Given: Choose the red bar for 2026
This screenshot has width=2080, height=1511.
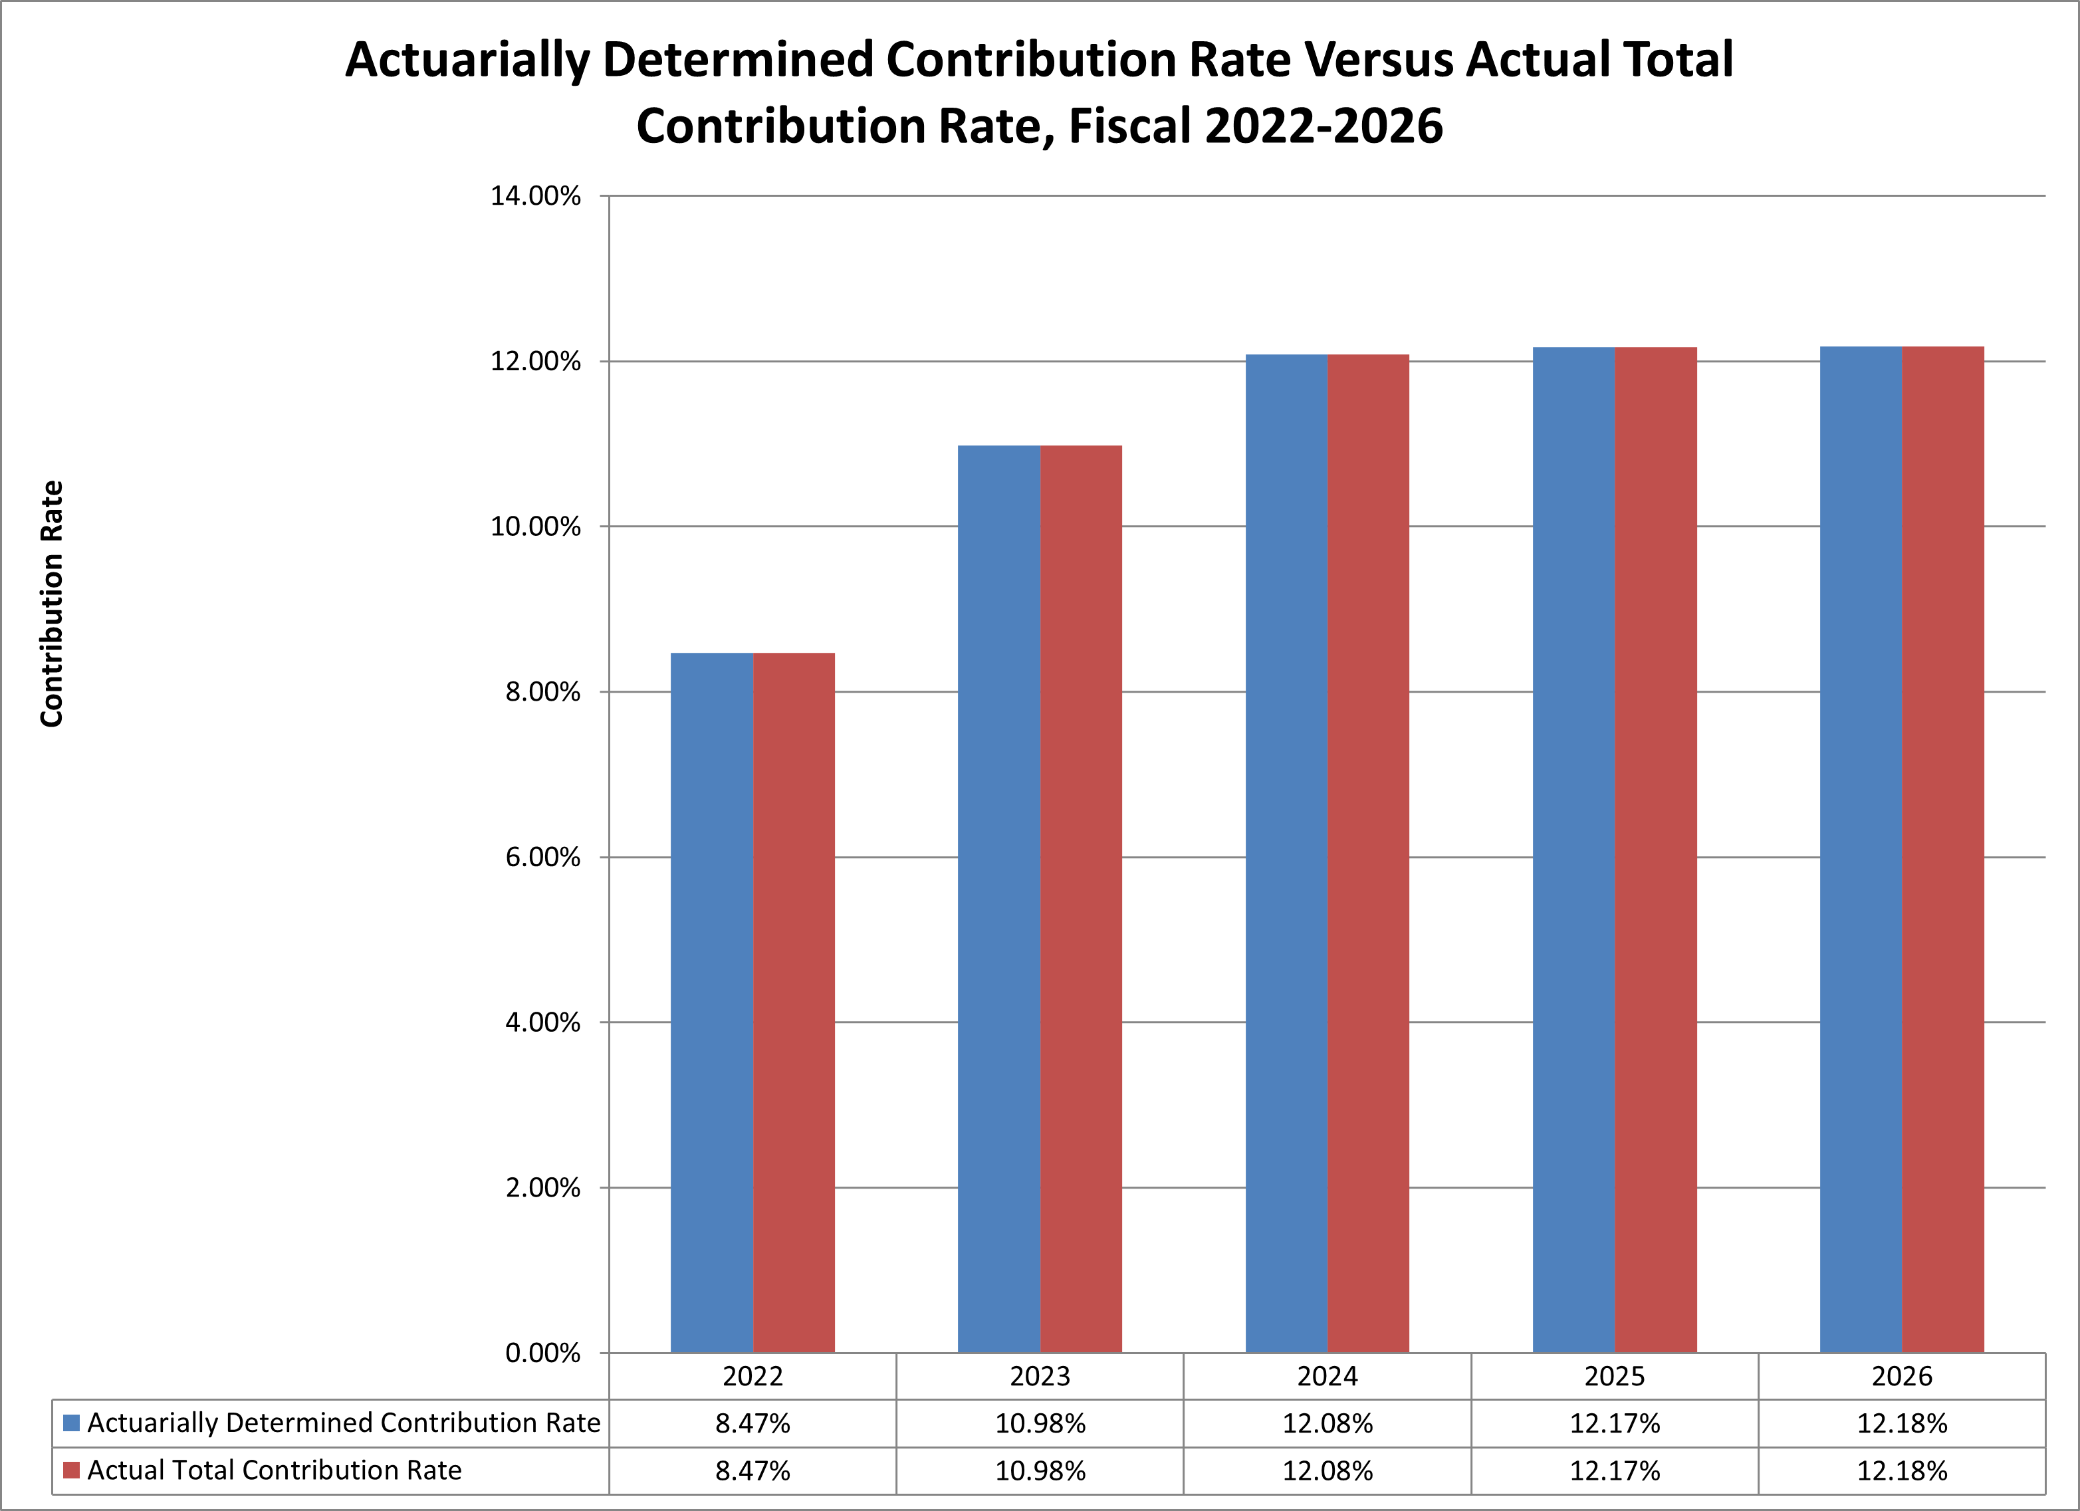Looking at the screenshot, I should [x=1942, y=849].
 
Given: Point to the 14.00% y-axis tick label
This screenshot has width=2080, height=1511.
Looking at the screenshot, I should [x=536, y=196].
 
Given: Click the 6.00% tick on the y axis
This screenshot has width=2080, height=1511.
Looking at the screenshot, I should [x=543, y=858].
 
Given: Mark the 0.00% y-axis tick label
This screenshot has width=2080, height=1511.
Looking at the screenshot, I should [x=543, y=1353].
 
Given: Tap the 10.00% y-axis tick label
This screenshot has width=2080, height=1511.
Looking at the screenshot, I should [x=536, y=526].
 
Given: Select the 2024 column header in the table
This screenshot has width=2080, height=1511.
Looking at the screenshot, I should [x=1327, y=1376].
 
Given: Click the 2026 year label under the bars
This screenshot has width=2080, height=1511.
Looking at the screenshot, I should [x=1901, y=1376].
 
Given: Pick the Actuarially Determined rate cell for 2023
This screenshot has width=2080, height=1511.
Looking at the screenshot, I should [x=1040, y=1424].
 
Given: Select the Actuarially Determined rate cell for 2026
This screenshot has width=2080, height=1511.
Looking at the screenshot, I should [x=1901, y=1424].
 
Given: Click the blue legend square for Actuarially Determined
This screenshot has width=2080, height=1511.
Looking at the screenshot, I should [x=72, y=1423].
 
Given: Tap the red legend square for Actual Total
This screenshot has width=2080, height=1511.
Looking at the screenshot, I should [x=72, y=1470].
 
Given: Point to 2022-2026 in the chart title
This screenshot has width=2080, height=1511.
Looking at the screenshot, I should [x=1324, y=126].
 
